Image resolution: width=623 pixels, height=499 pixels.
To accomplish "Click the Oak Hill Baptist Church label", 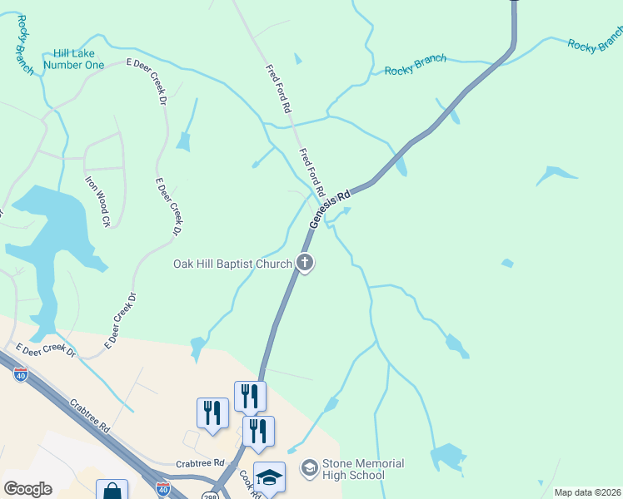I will click(232, 264).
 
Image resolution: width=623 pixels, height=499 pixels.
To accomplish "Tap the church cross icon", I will click(306, 264).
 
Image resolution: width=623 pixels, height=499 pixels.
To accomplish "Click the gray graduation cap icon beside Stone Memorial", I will click(309, 469).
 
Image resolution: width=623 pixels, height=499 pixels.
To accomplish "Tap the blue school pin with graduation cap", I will click(269, 477).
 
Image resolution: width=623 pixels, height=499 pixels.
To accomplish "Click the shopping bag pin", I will click(112, 491).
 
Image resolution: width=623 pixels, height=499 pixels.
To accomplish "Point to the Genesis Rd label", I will click(329, 208).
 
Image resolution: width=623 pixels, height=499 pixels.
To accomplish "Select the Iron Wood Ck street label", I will click(97, 200).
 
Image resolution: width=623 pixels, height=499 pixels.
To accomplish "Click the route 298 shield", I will click(210, 495).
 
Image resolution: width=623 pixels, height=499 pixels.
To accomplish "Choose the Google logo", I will click(27, 489).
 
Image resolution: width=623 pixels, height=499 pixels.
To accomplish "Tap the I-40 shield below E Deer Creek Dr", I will click(21, 375).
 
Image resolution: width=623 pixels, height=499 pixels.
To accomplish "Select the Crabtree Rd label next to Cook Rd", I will click(201, 463).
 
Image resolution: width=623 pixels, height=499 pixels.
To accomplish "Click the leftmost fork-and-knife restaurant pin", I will click(212, 413).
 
